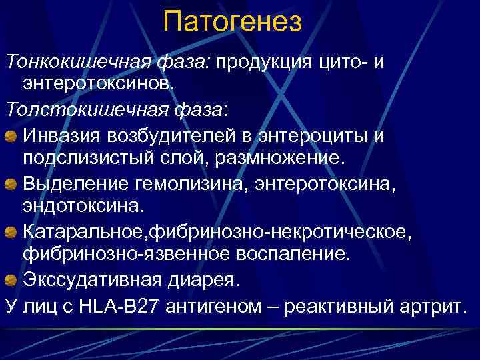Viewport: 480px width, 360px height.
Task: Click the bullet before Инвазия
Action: click(11, 137)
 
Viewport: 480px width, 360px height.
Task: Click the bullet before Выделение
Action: click(11, 184)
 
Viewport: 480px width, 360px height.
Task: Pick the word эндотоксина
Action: click(83, 206)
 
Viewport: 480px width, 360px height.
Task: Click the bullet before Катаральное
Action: click(11, 231)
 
